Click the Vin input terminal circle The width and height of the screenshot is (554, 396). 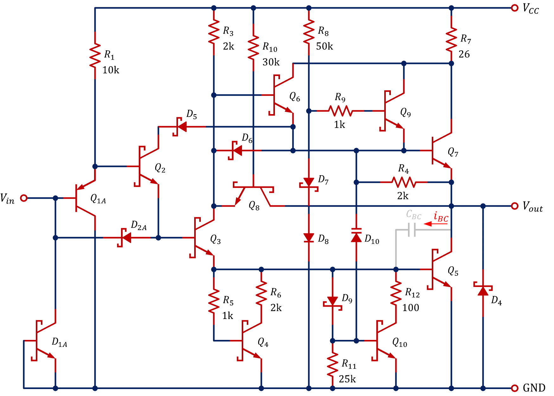[24, 198]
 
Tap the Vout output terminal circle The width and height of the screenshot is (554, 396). [515, 206]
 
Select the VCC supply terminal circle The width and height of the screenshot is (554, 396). [515, 8]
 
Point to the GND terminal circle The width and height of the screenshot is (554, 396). [515, 388]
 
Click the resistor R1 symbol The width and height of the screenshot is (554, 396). [95, 55]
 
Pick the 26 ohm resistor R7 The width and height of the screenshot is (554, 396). [451, 40]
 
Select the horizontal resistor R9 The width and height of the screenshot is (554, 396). [341, 111]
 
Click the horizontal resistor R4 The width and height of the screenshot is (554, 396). [404, 182]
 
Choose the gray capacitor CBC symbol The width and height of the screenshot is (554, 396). [412, 230]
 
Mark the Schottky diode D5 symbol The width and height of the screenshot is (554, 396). [181, 127]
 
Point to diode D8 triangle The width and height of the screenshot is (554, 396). [309, 238]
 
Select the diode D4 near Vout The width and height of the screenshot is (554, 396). [483, 290]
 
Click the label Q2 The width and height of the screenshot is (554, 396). [160, 168]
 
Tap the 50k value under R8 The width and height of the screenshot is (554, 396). [324, 47]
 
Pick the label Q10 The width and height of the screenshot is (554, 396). [399, 342]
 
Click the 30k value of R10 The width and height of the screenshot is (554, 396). [271, 62]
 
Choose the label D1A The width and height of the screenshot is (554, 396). [59, 342]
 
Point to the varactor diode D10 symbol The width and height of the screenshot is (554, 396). [356, 236]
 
